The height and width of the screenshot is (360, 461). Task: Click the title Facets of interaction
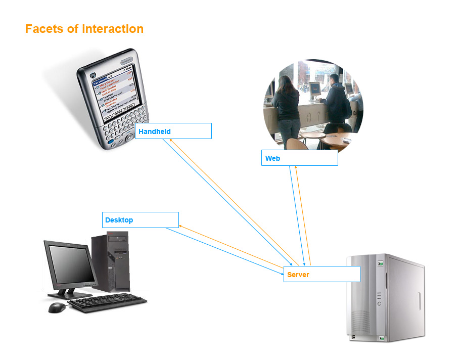[x=84, y=29]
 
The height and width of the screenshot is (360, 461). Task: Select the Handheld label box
[x=173, y=131]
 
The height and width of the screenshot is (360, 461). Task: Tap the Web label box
[x=299, y=158]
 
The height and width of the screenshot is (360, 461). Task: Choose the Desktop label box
[x=140, y=220]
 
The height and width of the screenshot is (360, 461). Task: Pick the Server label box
[x=321, y=274]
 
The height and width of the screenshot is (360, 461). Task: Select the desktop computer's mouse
[x=57, y=307]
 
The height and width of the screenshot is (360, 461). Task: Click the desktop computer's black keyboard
[x=107, y=303]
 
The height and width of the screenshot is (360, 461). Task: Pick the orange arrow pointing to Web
[x=302, y=212]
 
